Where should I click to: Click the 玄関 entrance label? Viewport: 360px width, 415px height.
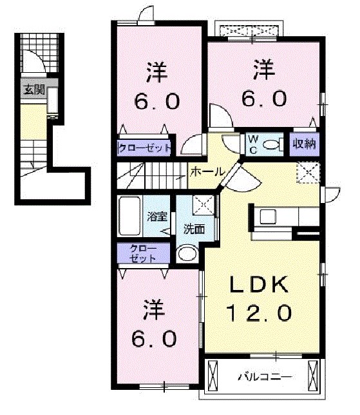pos(34,90)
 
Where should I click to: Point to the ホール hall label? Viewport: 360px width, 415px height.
pos(206,172)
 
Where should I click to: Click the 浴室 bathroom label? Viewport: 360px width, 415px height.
pos(156,217)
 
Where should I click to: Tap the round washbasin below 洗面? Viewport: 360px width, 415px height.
pos(187,254)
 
